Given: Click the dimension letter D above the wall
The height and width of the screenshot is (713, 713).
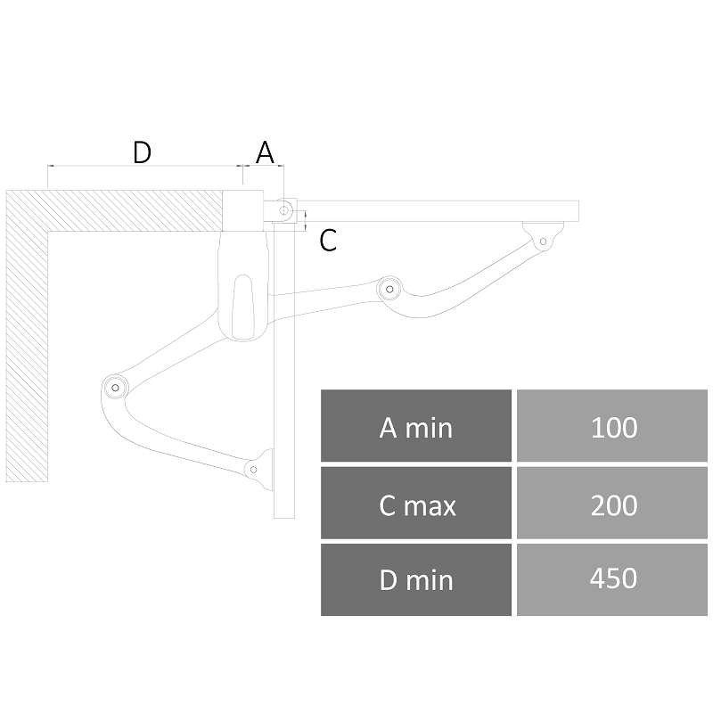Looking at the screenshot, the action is pos(142,152).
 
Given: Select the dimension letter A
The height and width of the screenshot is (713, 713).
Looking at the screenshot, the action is pos(265,152).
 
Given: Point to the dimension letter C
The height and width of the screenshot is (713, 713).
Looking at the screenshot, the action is pos(328,240).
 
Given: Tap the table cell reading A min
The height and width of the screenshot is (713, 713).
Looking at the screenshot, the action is pos(416,426).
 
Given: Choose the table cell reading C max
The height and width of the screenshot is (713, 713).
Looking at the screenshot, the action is pos(416,503).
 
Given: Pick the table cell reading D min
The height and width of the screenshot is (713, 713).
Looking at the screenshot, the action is pos(416,580).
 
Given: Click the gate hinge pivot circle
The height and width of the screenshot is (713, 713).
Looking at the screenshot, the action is pos(284,210).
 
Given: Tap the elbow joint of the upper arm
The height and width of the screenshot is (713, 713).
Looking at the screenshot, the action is pos(389,289).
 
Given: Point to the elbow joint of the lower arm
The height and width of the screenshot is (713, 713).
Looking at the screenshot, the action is pos(115,388).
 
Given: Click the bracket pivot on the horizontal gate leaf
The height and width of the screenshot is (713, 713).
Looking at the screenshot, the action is pos(543,242).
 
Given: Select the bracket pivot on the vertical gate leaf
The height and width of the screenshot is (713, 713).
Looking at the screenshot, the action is pos(254,470).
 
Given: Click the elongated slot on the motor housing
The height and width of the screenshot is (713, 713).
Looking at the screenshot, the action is pos(242,307).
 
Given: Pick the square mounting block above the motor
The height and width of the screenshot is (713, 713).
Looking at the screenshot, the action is pos(242,210).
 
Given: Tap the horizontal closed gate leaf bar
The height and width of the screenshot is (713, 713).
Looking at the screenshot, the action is pos(437,211).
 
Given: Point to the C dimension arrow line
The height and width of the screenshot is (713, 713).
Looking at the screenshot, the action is pos(306,221).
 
